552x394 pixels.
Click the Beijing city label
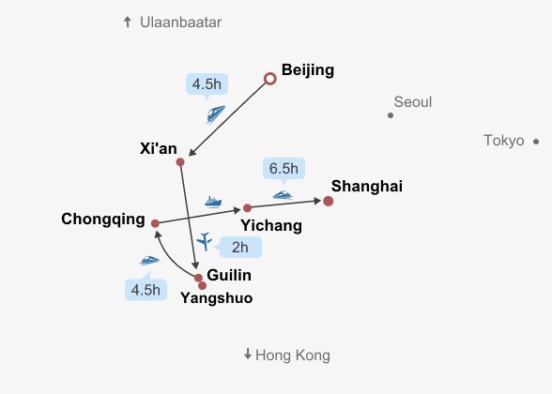(308, 70)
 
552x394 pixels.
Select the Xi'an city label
(159, 148)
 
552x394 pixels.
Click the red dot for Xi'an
(180, 161)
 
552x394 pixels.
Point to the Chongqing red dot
(155, 223)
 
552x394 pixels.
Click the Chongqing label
(103, 220)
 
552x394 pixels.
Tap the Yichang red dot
(247, 208)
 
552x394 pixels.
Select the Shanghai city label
(367, 187)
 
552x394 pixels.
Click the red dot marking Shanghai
(329, 201)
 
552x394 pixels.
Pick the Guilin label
(229, 275)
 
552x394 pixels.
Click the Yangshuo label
(217, 298)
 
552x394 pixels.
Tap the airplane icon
(205, 241)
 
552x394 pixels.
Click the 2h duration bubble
(240, 248)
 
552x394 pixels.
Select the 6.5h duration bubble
(284, 169)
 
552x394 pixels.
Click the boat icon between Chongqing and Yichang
(213, 203)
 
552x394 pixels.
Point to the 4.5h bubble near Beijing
(207, 84)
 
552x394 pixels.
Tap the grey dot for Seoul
(391, 115)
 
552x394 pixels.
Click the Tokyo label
(504, 141)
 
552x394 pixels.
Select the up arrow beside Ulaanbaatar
(128, 23)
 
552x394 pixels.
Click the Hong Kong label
(293, 356)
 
